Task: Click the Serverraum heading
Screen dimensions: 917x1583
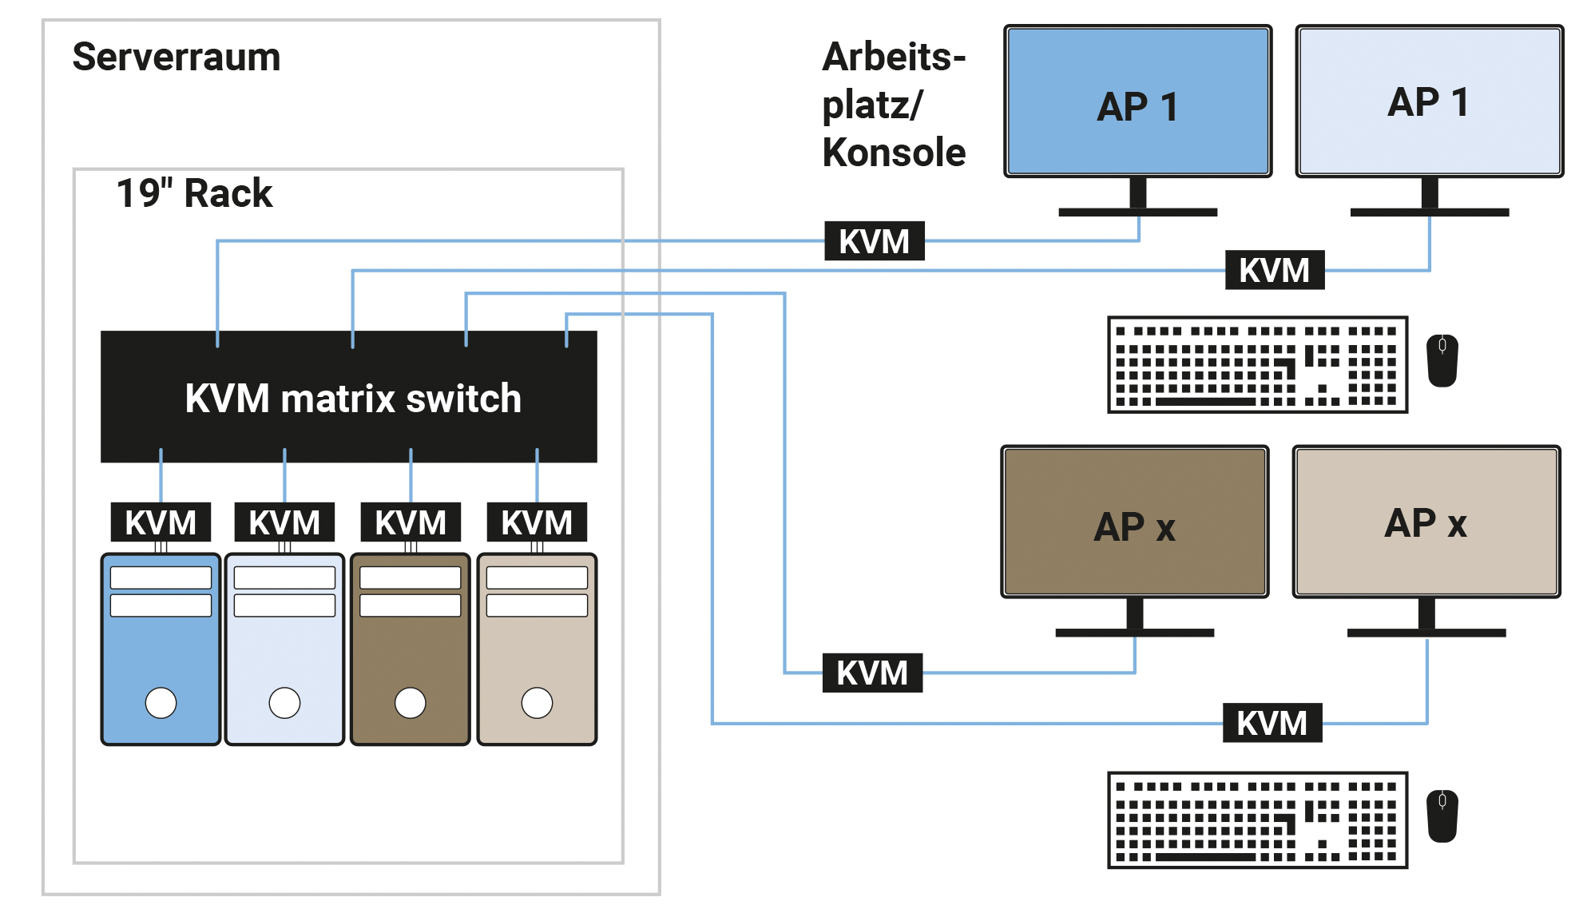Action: tap(177, 58)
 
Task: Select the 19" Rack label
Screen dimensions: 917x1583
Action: tap(194, 193)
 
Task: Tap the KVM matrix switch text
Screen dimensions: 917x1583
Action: tap(352, 399)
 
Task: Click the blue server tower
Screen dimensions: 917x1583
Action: tap(161, 649)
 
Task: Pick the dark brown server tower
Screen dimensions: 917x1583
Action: tap(411, 649)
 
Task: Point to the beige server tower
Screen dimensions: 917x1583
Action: tap(537, 649)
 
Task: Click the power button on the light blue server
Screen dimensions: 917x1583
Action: tap(284, 703)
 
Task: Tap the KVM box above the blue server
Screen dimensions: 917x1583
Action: tap(161, 522)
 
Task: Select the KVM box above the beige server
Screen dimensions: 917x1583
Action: tap(537, 522)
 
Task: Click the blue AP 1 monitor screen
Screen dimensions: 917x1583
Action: tap(1137, 101)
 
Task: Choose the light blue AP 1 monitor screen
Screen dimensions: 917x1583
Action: tap(1429, 101)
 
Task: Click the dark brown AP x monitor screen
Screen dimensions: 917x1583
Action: tap(1134, 522)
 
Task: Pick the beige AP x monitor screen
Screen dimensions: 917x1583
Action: tap(1426, 522)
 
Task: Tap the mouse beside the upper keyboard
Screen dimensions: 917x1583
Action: tap(1442, 360)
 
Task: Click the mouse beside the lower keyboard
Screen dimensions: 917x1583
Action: tap(1442, 816)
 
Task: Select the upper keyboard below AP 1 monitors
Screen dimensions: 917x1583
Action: tap(1257, 364)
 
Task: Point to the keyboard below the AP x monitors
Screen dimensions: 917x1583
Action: tap(1257, 820)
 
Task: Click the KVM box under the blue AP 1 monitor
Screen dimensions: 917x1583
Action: tap(875, 241)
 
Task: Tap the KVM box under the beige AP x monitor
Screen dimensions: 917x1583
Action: tap(1272, 723)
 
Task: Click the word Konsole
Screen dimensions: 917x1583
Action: tap(894, 153)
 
